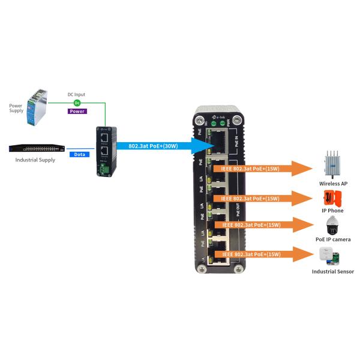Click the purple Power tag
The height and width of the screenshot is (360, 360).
[77, 111]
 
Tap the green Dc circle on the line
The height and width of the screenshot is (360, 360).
[77, 103]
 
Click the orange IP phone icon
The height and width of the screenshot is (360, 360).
[331, 197]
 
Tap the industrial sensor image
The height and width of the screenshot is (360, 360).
[331, 255]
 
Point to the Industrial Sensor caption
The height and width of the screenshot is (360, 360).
[332, 272]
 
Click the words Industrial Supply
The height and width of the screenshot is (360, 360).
[36, 160]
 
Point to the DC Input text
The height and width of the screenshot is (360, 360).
[76, 95]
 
